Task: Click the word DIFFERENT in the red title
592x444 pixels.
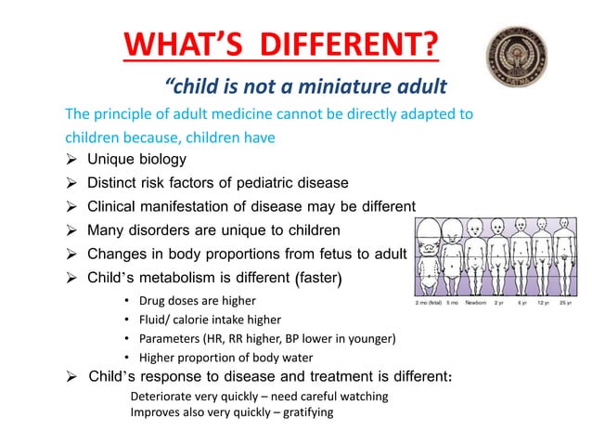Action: (x=354, y=44)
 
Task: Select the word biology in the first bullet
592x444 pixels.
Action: (x=161, y=159)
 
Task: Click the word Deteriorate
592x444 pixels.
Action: (x=165, y=397)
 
